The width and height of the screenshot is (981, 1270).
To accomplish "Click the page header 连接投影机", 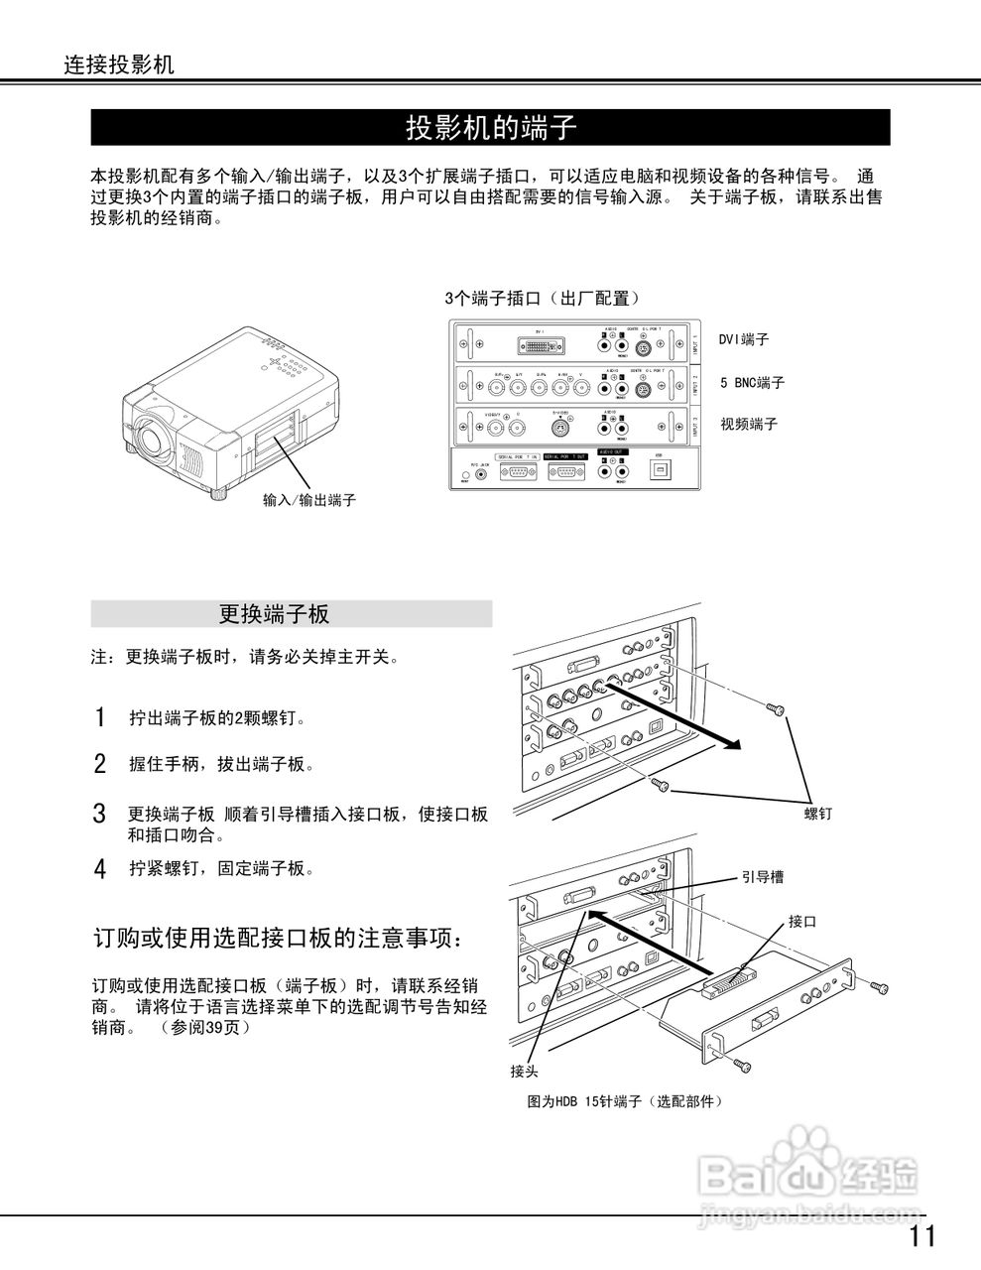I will (120, 65).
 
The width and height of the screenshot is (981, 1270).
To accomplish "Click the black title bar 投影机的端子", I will (490, 128).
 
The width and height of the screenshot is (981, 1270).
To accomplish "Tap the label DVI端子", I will (744, 339).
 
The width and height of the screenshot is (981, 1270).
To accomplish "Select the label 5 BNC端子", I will (752, 382).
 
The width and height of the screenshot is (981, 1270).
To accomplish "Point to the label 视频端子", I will (749, 424).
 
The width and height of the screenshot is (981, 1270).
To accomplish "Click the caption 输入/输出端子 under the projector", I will (309, 500).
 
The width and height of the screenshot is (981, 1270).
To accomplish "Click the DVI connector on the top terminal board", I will (540, 345).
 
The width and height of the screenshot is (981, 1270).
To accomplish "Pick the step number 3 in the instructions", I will (99, 815).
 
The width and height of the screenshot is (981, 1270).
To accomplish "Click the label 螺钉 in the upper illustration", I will (817, 814).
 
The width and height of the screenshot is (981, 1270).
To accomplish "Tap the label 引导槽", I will (763, 877).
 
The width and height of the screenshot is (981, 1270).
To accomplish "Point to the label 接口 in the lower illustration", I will (802, 922).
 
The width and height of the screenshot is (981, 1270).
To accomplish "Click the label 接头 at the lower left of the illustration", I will (525, 1072).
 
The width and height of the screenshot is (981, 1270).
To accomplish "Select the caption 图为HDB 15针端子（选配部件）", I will (625, 1101).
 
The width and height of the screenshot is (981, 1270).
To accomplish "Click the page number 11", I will (920, 1236).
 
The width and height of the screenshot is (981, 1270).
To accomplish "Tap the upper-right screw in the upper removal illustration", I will (775, 708).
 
